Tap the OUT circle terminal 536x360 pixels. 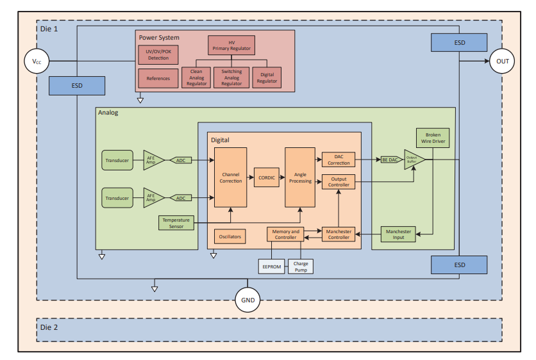pos(502,61)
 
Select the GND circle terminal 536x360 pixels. pos(247,300)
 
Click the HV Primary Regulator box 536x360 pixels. pos(231,45)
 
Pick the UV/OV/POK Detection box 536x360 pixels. pos(158,55)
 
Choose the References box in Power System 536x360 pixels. pos(158,79)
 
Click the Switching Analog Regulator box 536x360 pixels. pos(231,78)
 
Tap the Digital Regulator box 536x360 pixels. pos(267,78)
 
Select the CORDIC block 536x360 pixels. pos(267,177)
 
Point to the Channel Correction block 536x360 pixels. pos(230,177)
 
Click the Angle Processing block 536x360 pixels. pos(300,177)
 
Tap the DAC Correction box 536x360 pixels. pos(339,160)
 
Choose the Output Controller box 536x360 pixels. pos(339,182)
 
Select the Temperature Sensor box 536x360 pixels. pos(176,223)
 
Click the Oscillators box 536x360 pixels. pos(230,236)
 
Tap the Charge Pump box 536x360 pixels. pos(300,266)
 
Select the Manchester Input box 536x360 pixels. pos(398,234)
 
